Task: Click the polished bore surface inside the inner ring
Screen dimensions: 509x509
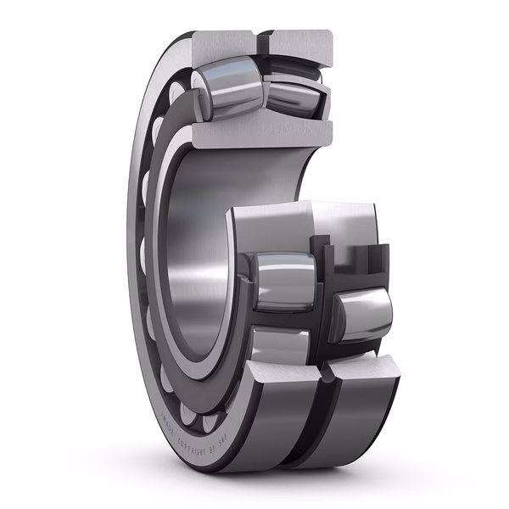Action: pos(191,246)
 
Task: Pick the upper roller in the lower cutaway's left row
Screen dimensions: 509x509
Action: pos(284,280)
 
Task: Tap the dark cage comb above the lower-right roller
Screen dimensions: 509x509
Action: pos(356,263)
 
